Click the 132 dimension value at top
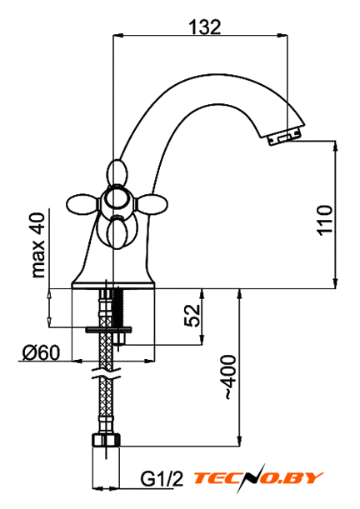(205, 27)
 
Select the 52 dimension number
(192, 316)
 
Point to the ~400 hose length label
(230, 377)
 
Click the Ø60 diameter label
(41, 352)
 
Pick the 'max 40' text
(38, 245)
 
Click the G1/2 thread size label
(162, 479)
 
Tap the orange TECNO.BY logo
(257, 478)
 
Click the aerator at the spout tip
(283, 138)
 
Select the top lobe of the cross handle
(116, 172)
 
